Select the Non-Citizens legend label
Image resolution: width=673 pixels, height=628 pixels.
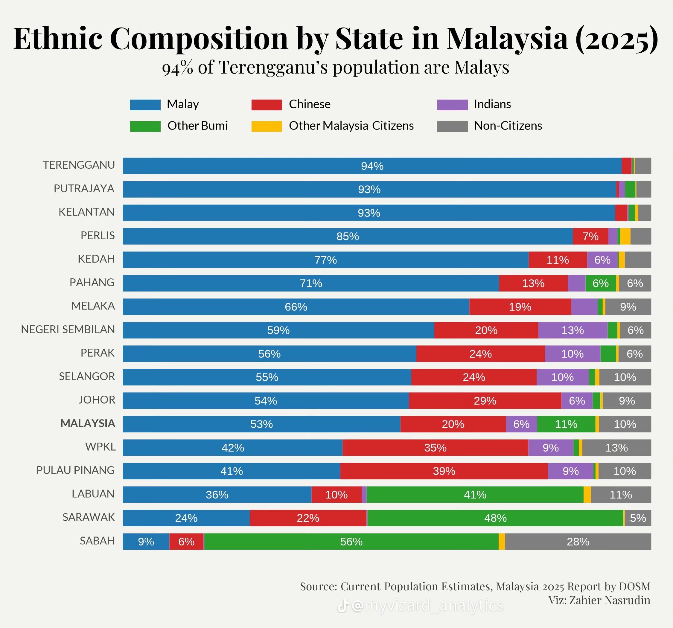click(508, 126)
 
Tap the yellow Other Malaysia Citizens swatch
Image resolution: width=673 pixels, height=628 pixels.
click(267, 126)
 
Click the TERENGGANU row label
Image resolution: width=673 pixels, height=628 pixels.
click(79, 165)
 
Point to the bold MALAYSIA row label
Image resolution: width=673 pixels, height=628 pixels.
click(88, 423)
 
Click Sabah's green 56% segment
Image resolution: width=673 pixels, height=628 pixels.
click(351, 541)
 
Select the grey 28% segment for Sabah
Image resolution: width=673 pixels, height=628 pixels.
click(578, 541)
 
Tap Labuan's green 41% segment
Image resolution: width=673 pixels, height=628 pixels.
click(475, 495)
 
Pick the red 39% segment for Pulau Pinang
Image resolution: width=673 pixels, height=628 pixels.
click(444, 471)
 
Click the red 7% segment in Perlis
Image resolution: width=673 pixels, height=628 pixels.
click(590, 236)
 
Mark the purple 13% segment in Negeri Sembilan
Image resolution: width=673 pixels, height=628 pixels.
click(572, 330)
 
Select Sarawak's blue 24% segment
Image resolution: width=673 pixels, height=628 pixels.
click(186, 518)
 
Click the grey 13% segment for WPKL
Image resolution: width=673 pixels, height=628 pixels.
click(616, 448)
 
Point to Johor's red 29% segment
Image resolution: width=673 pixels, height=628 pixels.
click(485, 400)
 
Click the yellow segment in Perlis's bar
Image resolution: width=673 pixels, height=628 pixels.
click(625, 236)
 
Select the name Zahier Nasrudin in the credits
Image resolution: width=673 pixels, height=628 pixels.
click(609, 600)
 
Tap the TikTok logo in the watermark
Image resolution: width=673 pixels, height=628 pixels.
click(342, 606)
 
